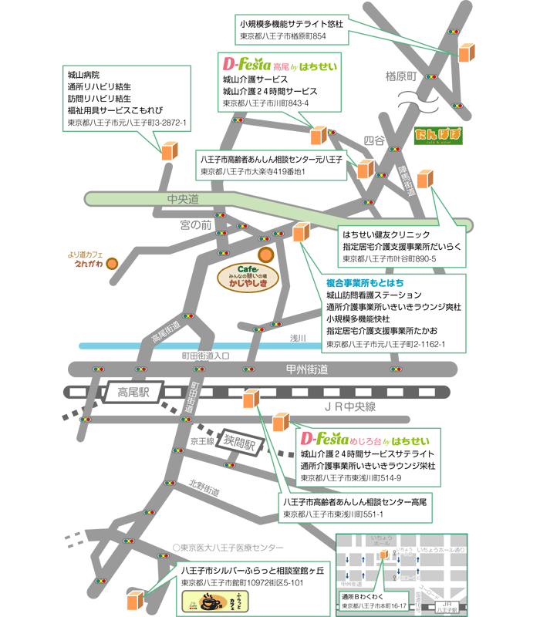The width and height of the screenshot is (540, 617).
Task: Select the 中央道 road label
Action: click(184, 200)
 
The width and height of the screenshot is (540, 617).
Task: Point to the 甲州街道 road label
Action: click(306, 369)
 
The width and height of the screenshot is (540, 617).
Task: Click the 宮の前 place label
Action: click(195, 224)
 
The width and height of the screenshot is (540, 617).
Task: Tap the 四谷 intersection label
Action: click(374, 141)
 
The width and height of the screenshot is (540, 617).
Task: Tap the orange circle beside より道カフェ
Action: click(113, 263)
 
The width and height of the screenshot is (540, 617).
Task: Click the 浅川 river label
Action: click(298, 338)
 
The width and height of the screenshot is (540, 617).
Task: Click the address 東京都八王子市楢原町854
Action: click(283, 36)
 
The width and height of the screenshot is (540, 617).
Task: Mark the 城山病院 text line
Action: click(83, 76)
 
